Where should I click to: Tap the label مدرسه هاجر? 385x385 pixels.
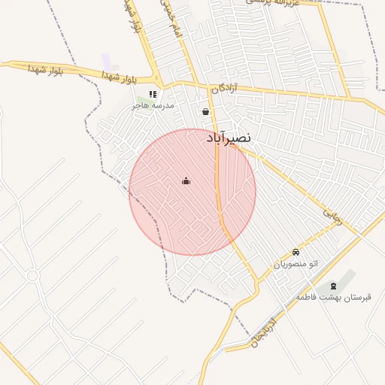[x=153, y=105]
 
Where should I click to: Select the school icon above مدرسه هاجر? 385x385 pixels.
[x=153, y=95]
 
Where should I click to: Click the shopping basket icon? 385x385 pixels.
[x=206, y=112]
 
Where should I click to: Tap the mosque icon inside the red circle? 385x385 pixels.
[x=186, y=180]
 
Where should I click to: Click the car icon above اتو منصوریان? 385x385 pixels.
[x=296, y=253]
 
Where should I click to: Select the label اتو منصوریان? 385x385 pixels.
[x=296, y=264]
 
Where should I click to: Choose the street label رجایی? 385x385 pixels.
[x=332, y=215]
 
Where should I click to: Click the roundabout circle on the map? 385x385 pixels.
[x=32, y=276]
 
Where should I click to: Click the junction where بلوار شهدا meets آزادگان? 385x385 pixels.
[x=157, y=80]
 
